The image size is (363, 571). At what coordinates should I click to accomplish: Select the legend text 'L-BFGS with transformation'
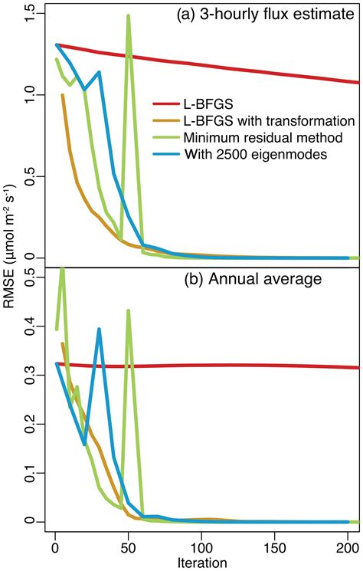point(268,120)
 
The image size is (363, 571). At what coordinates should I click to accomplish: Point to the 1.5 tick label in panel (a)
point(30,11)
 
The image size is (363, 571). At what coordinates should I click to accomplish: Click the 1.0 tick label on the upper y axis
point(30,94)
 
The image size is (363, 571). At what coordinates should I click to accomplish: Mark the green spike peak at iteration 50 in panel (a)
point(128,15)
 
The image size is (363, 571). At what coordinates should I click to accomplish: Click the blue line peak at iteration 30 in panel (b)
point(99,330)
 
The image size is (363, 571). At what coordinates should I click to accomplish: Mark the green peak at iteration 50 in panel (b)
point(128,310)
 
